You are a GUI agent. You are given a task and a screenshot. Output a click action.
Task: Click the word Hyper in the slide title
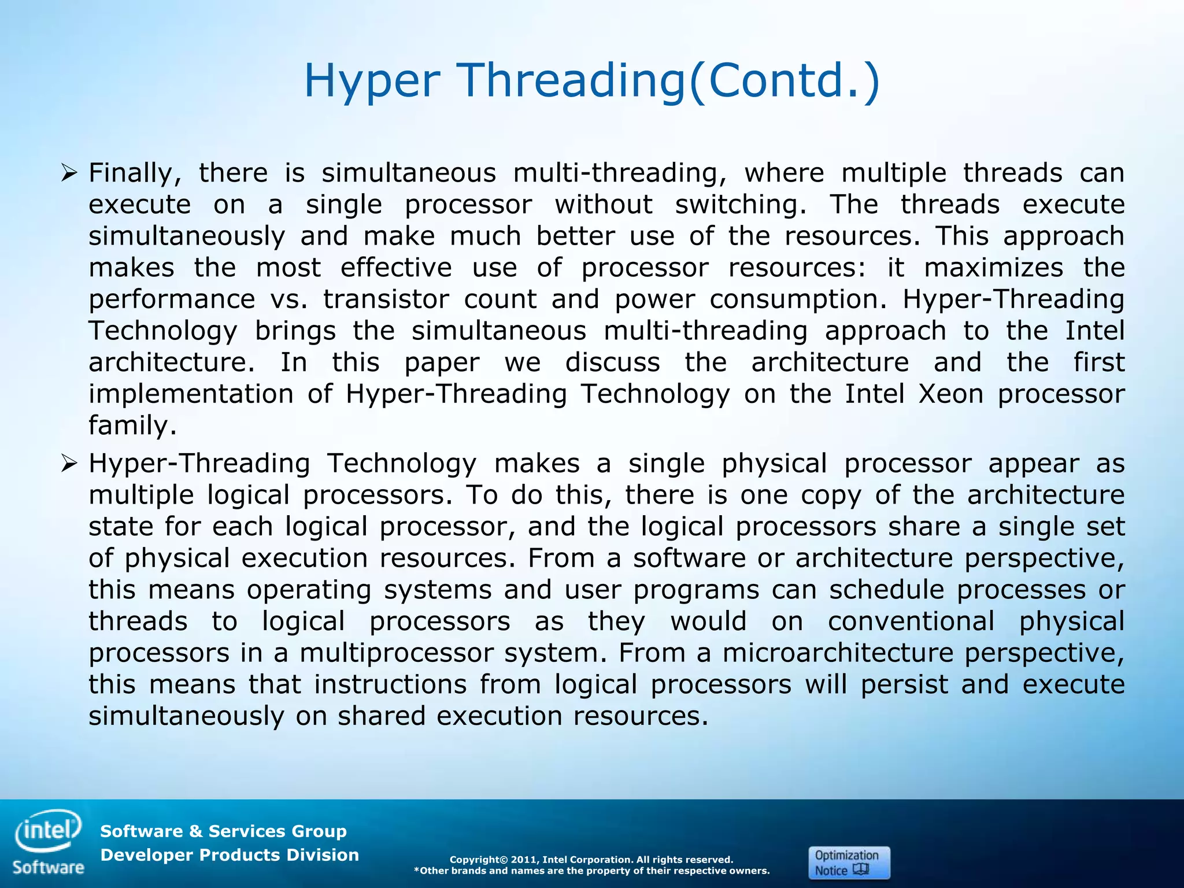(371, 81)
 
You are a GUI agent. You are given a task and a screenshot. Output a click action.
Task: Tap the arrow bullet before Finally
(69, 172)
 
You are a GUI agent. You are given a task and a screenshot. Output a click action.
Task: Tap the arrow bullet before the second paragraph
(69, 463)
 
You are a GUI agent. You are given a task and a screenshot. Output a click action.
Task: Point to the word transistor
(386, 299)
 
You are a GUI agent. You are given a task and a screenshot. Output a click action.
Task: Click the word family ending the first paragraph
(132, 426)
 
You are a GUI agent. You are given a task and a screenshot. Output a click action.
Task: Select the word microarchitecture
(837, 653)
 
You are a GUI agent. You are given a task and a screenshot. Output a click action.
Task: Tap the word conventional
(911, 621)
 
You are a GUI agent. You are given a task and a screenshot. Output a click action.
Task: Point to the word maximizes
(993, 268)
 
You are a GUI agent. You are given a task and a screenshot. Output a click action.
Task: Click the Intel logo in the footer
(48, 831)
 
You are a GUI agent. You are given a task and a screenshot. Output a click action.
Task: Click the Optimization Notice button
(848, 863)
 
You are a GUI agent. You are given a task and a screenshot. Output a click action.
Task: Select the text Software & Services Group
(223, 831)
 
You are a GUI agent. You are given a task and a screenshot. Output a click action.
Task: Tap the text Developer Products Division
(230, 855)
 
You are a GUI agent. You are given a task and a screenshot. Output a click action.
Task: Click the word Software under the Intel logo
(48, 868)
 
